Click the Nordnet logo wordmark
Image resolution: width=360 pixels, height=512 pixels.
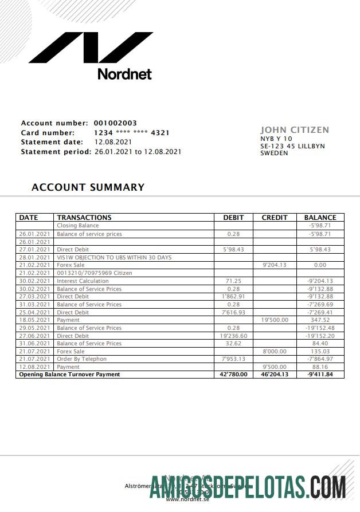(124, 74)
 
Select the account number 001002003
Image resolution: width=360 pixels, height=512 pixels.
(115, 123)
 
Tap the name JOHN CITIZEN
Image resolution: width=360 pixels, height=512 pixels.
(295, 130)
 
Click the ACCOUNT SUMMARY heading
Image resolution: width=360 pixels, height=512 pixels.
(88, 187)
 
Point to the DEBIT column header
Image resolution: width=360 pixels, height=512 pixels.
(233, 218)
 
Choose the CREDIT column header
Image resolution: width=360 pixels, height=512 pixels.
(275, 218)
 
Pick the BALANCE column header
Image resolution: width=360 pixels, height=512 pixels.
(320, 218)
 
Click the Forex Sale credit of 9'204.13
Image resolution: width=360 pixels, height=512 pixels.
(275, 265)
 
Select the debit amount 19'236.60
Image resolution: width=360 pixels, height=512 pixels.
(233, 336)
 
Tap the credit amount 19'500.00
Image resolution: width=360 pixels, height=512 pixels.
(275, 320)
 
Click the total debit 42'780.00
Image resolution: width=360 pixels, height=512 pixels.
(233, 375)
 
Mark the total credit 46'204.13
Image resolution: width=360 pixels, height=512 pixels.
(275, 375)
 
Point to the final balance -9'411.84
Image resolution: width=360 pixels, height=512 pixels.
(320, 375)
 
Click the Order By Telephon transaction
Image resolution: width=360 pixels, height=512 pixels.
(81, 359)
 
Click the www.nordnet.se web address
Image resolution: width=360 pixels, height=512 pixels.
(187, 499)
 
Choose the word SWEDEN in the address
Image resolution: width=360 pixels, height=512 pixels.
(274, 153)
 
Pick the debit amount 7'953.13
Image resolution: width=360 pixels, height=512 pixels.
(233, 359)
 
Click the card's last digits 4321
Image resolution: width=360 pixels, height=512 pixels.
(160, 133)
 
